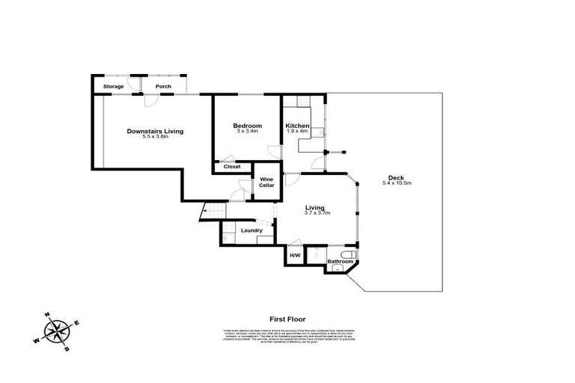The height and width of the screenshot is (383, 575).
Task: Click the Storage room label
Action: tap(113, 87)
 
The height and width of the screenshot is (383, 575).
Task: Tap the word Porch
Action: tap(162, 87)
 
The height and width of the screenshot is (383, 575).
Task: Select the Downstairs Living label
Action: tap(155, 131)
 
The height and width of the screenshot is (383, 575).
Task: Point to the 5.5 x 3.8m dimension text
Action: tap(155, 137)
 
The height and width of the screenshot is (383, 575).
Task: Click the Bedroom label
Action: tap(247, 125)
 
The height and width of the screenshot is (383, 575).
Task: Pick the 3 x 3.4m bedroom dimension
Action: tap(247, 131)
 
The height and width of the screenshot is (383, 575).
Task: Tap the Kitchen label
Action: tap(297, 125)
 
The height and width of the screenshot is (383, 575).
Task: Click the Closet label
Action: tap(232, 167)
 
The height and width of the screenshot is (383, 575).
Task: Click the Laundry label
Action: tap(251, 230)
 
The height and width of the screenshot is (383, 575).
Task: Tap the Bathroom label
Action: tap(340, 261)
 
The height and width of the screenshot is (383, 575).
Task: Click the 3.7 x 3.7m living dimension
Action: tap(317, 213)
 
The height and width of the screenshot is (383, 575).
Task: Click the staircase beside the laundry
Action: tap(213, 213)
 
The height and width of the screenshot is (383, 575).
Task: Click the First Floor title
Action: tap(287, 319)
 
